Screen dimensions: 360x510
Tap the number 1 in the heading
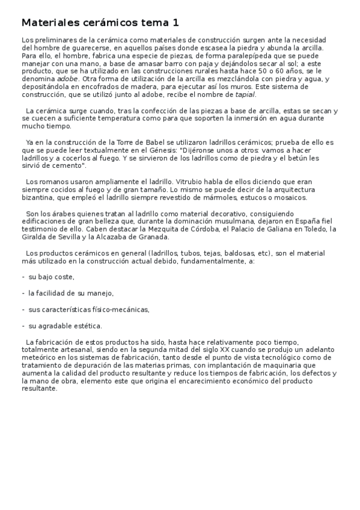(176, 23)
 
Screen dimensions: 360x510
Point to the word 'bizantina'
(37, 197)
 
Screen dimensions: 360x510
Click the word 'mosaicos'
(290, 197)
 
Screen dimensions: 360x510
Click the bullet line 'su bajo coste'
(51, 277)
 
